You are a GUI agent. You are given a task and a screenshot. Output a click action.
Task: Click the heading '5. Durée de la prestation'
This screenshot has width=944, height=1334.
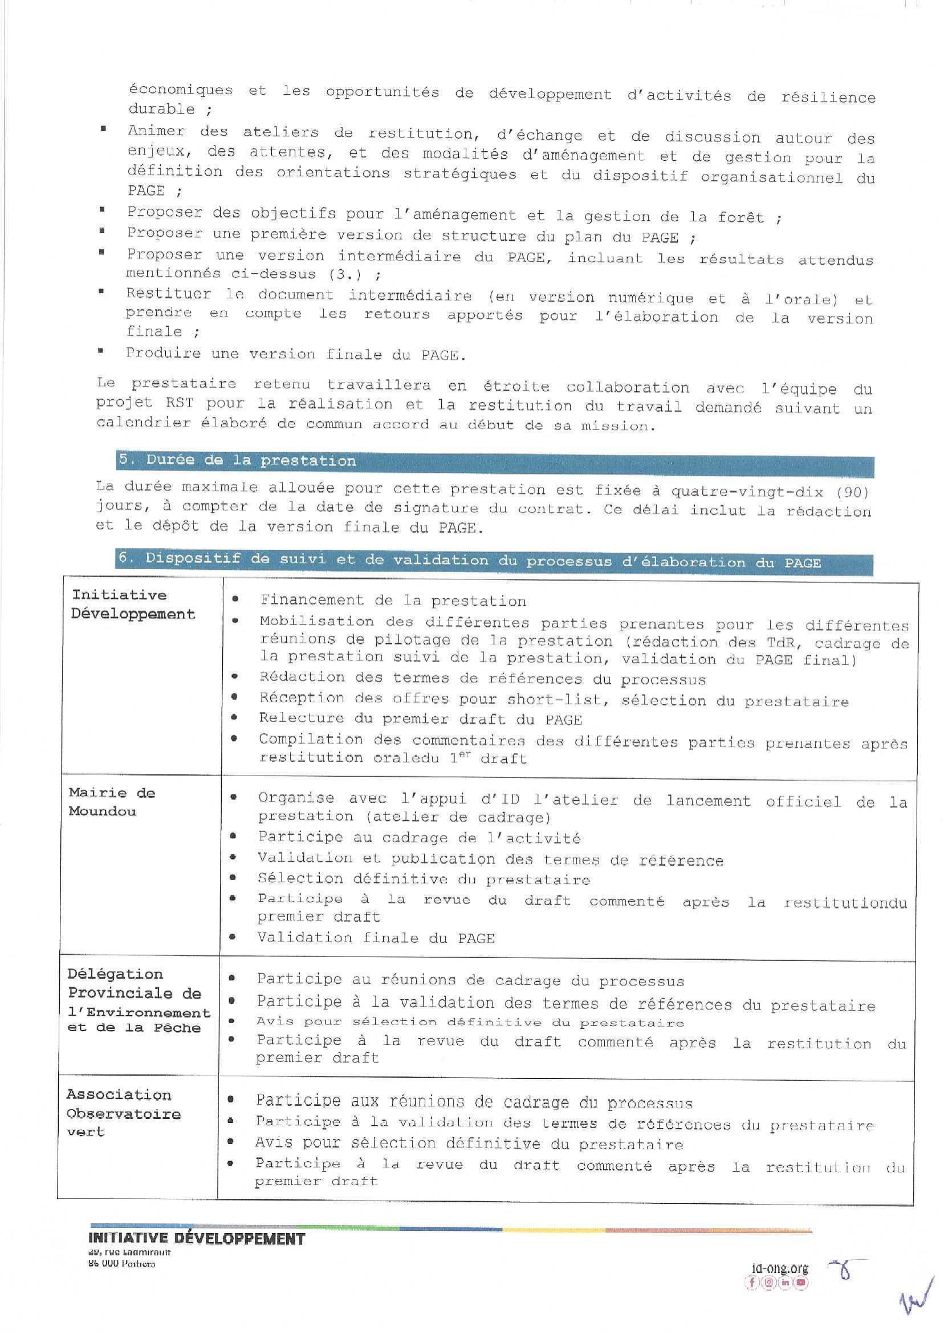(x=237, y=461)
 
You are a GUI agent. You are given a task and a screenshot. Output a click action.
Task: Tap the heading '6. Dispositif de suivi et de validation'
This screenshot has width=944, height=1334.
(x=469, y=561)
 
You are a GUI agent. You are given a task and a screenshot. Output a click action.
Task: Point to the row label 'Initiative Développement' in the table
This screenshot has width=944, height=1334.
(x=132, y=604)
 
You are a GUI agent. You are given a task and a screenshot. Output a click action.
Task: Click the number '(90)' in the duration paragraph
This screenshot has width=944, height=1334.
(x=852, y=492)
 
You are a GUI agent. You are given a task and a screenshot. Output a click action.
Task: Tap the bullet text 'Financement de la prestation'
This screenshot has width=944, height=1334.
(x=393, y=600)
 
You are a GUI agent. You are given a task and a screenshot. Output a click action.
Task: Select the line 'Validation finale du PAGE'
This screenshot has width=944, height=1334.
(x=376, y=938)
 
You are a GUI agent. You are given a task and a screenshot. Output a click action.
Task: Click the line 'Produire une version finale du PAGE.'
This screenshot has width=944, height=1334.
(x=296, y=354)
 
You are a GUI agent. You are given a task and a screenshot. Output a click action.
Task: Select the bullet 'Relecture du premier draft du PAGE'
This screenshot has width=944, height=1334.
(x=420, y=719)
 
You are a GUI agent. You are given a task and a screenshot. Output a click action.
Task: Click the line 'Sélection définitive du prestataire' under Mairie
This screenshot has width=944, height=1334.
(x=424, y=879)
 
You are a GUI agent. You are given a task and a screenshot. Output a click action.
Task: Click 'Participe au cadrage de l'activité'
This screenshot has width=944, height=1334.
(x=419, y=838)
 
